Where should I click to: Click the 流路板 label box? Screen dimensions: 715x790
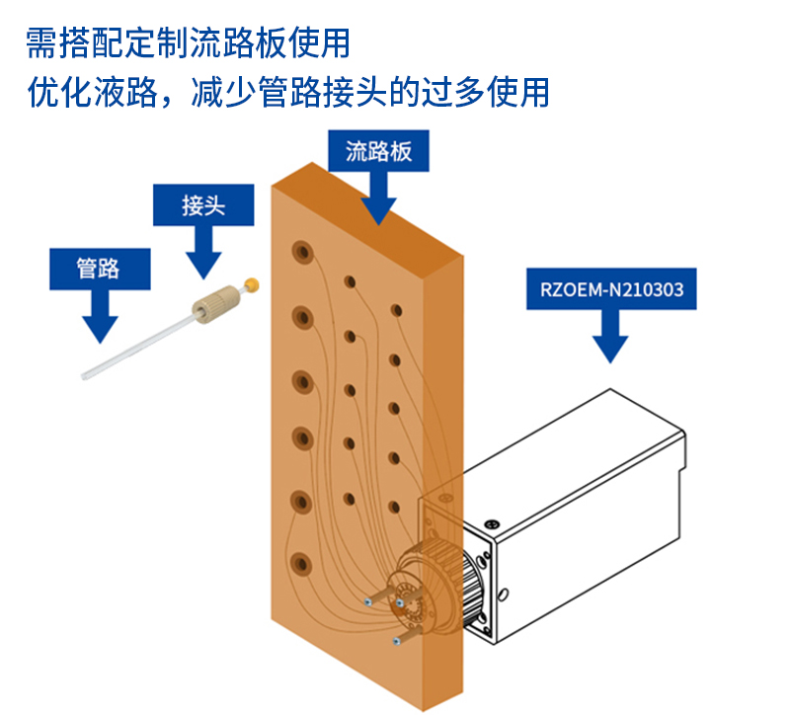pyautogui.click(x=378, y=151)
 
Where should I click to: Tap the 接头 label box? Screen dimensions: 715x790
pyautogui.click(x=203, y=205)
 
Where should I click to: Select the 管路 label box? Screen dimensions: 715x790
pyautogui.click(x=99, y=268)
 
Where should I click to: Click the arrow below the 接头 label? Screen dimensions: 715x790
pyautogui.click(x=203, y=253)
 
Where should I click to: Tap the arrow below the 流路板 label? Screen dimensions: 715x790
pyautogui.click(x=378, y=198)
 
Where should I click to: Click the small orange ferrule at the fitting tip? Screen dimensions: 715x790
pyautogui.click(x=254, y=285)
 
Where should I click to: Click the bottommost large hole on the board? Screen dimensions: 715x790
pyautogui.click(x=300, y=564)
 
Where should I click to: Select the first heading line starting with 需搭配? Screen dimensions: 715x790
pyautogui.click(x=188, y=42)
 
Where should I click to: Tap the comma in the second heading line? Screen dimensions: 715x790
pyautogui.click(x=177, y=99)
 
